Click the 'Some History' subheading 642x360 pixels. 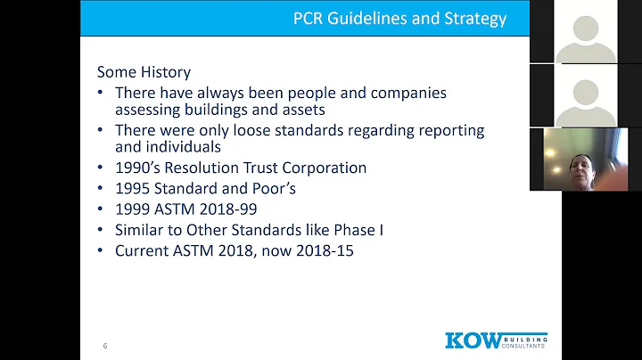pos(144,72)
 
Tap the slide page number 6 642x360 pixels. pos(105,346)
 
